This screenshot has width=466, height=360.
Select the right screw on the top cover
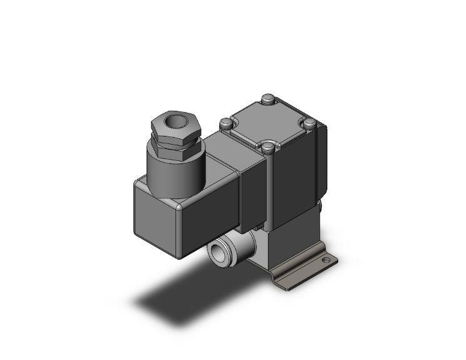tap(308, 123)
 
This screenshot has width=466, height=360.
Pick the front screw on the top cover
tap(269, 147)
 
